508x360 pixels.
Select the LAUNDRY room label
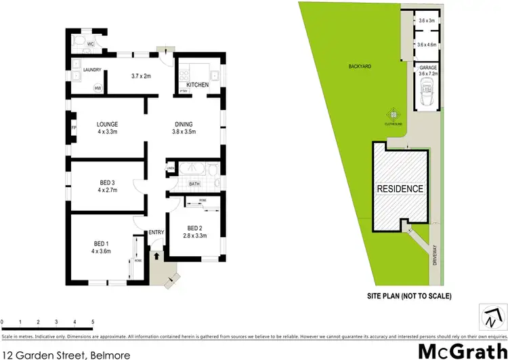[91, 70]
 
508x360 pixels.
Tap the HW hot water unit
[98, 88]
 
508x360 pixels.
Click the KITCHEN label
[198, 85]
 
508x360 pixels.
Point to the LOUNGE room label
[107, 124]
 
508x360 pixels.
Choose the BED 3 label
[107, 182]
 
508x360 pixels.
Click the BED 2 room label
[195, 228]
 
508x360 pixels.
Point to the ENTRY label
[156, 233]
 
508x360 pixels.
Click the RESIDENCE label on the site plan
[400, 189]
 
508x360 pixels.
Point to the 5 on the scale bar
[92, 321]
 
